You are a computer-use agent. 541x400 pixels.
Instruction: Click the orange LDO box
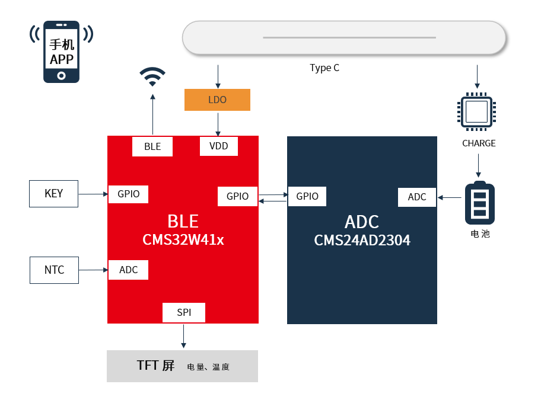217,100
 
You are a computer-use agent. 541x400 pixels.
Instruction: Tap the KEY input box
53,194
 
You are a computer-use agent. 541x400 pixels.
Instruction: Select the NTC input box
54,270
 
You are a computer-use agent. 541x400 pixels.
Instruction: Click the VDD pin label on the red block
218,146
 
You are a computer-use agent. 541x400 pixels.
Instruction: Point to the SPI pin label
184,312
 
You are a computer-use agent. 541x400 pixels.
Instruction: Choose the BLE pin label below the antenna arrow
152,146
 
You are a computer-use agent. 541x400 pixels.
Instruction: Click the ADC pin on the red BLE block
128,270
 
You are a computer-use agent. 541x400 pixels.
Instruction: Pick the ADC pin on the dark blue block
416,197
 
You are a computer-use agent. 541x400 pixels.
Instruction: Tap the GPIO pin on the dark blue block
307,196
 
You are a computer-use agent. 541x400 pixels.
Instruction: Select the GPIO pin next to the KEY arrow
128,194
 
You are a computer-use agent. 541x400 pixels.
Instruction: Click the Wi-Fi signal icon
152,76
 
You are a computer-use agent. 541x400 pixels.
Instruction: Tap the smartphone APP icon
61,52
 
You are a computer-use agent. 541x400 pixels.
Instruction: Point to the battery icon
479,203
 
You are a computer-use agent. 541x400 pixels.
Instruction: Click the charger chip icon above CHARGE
476,111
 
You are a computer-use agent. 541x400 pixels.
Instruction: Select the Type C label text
324,68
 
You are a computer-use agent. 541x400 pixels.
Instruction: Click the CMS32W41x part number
183,240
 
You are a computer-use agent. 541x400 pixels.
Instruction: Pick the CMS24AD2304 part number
362,241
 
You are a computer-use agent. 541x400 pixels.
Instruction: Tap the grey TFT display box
182,366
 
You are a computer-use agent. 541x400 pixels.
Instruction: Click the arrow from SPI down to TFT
184,336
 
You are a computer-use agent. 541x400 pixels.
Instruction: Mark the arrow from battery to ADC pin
450,197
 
